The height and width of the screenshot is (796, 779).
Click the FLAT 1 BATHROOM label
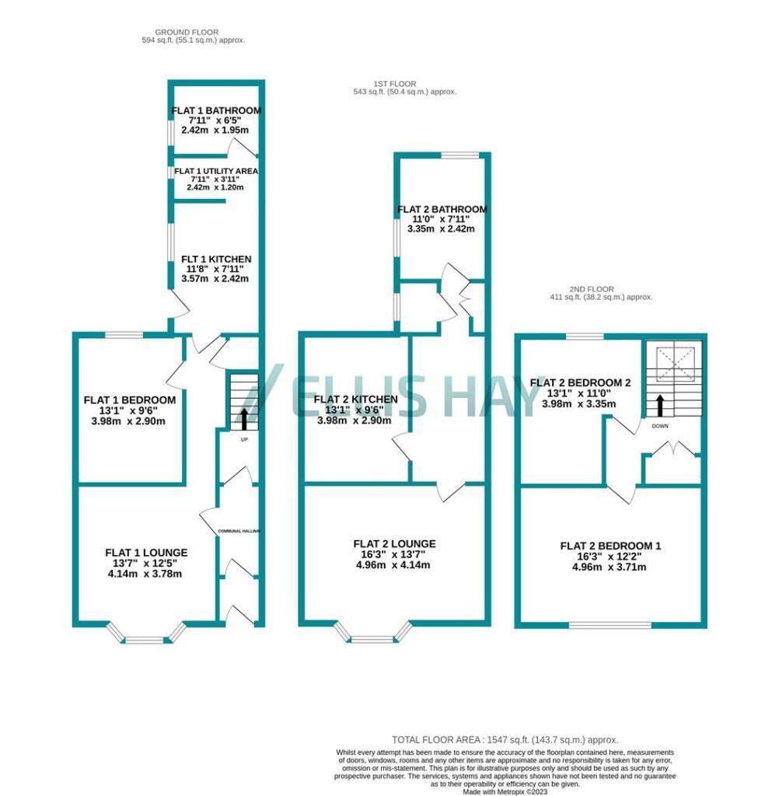(x=215, y=110)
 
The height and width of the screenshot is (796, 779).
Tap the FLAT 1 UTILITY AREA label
(x=215, y=171)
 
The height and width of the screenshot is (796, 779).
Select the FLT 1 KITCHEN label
(x=215, y=259)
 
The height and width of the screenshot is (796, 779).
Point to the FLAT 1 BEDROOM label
(x=129, y=400)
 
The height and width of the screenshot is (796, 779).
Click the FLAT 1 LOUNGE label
(x=146, y=553)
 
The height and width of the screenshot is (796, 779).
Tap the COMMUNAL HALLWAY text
(x=240, y=532)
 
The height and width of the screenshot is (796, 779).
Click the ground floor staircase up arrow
(x=245, y=418)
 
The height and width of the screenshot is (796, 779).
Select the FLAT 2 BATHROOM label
(x=442, y=209)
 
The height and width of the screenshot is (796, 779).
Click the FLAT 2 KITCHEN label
(x=355, y=400)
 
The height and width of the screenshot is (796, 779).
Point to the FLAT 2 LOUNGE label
(x=394, y=543)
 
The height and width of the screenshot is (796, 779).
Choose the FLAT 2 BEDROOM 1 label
(x=610, y=546)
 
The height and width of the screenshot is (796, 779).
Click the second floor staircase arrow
(x=660, y=404)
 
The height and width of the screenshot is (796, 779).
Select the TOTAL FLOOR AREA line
(x=505, y=740)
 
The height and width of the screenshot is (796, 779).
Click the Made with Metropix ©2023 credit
(x=505, y=791)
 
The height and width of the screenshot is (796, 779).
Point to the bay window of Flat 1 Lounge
(x=145, y=637)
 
